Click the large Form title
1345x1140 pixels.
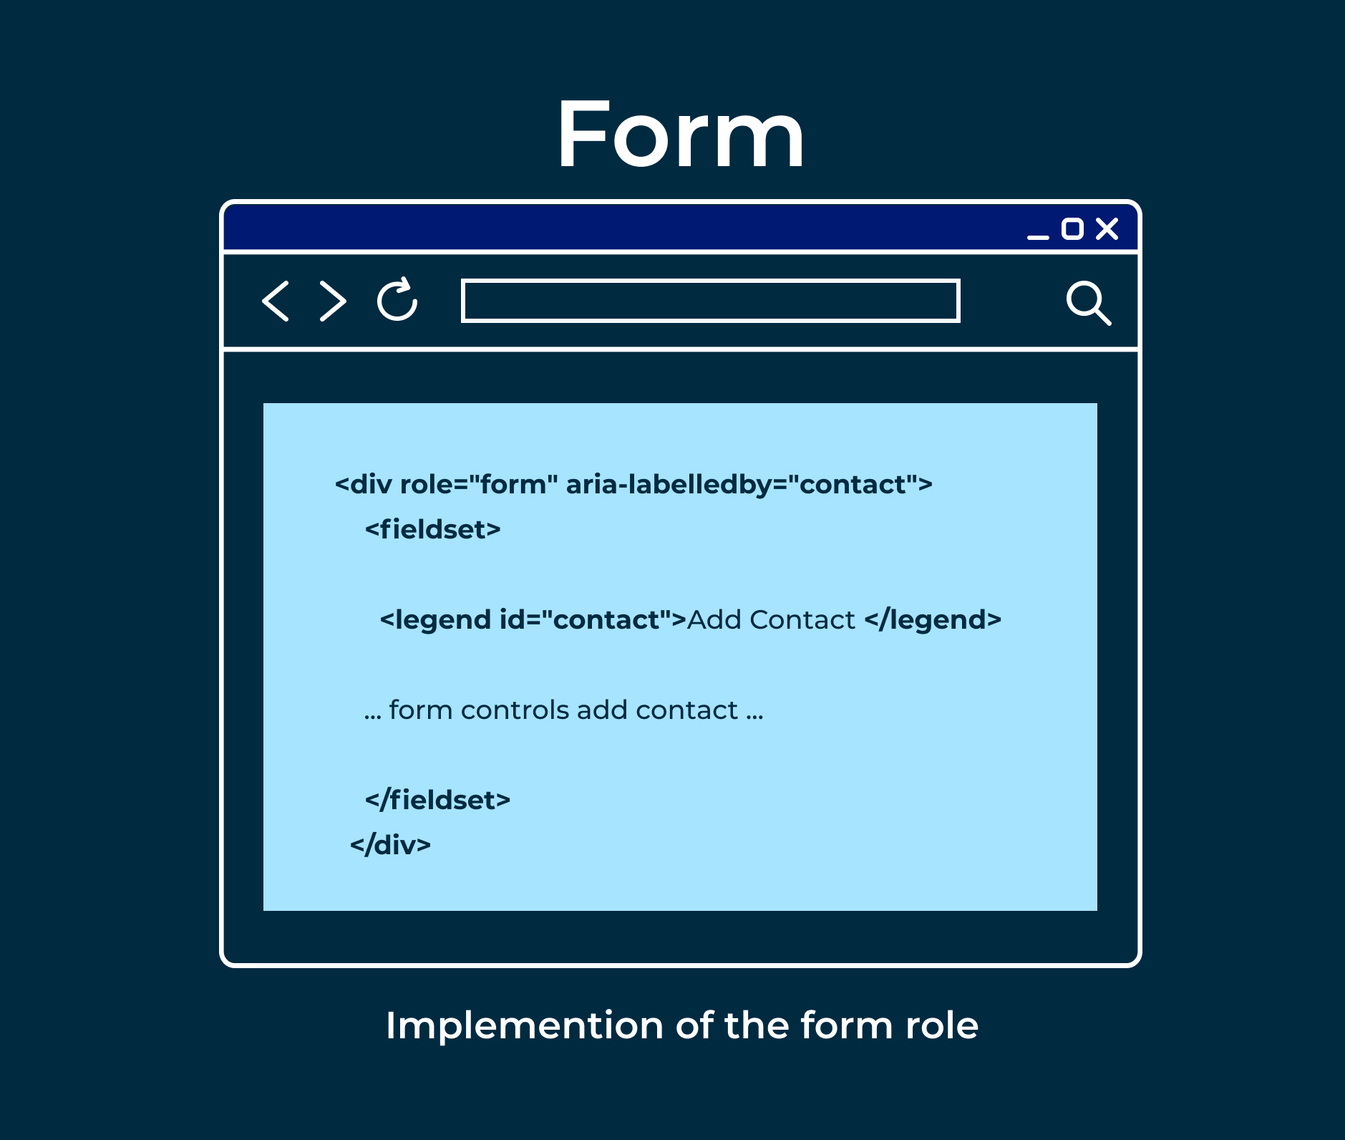point(681,135)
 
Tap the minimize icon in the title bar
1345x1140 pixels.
point(1038,236)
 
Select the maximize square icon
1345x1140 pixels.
point(1072,228)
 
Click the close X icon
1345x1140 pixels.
point(1107,228)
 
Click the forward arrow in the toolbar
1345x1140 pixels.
point(334,301)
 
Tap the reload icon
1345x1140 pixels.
point(397,299)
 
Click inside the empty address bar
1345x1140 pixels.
point(710,301)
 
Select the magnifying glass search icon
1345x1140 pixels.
point(1089,303)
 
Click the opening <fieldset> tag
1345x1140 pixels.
point(432,529)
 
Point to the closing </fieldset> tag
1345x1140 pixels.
point(437,800)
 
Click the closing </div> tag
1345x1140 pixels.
point(390,845)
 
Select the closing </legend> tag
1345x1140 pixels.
point(933,620)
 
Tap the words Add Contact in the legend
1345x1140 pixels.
point(771,620)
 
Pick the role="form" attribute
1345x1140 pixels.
point(478,484)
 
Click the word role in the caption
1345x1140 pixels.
point(942,1025)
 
